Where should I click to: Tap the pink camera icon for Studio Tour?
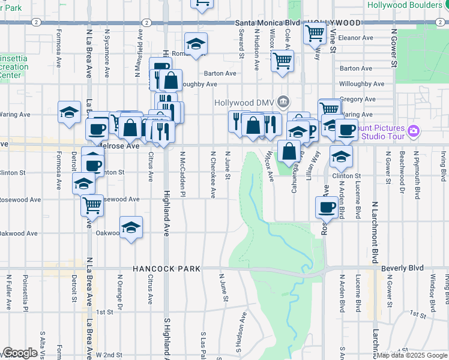coord(413,131)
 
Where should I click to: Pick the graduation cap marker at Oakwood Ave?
coord(130,227)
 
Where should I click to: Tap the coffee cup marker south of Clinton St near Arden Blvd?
coord(327,207)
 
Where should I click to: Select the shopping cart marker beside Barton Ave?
coord(282,60)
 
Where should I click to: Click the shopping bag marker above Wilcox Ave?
coord(289,151)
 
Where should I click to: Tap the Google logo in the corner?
coord(19,353)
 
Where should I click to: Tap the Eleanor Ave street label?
coord(356,38)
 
